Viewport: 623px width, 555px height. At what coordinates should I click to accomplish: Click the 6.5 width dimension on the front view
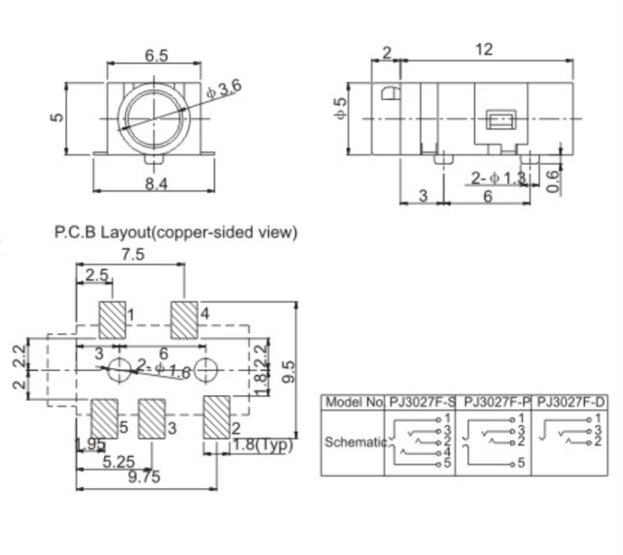[155, 55]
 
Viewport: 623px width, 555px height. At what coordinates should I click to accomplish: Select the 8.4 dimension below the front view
[155, 184]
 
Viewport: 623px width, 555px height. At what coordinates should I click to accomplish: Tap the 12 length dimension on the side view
[483, 49]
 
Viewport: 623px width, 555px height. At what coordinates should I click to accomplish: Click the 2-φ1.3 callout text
[499, 178]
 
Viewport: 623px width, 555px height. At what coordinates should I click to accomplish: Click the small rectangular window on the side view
[501, 119]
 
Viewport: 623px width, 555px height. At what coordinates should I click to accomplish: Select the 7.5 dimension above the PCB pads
[133, 254]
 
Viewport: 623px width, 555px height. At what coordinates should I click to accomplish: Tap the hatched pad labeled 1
[112, 319]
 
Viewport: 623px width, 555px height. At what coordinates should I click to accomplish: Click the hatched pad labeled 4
[184, 319]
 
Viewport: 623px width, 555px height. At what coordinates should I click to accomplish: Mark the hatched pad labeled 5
[105, 417]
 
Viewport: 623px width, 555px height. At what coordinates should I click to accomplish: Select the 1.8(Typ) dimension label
[262, 445]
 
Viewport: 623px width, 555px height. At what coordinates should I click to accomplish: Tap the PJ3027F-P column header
[494, 402]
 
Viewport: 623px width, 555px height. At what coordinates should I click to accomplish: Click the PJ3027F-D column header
[571, 402]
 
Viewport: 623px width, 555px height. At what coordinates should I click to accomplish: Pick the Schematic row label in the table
[355, 442]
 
